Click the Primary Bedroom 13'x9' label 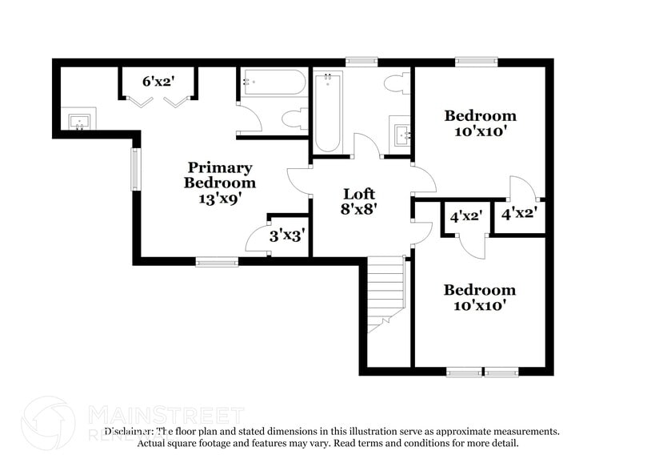pyautogui.click(x=219, y=183)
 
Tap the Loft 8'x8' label pyautogui.click(x=359, y=201)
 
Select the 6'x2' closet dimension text pyautogui.click(x=158, y=81)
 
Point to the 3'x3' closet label pyautogui.click(x=286, y=235)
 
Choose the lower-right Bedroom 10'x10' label pyautogui.click(x=480, y=297)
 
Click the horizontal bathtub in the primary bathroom pyautogui.click(x=273, y=83)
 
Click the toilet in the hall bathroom pyautogui.click(x=396, y=84)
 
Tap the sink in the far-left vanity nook pyautogui.click(x=80, y=122)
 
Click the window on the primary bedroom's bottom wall pyautogui.click(x=217, y=260)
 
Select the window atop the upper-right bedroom pyautogui.click(x=477, y=61)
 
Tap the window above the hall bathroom pyautogui.click(x=361, y=61)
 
